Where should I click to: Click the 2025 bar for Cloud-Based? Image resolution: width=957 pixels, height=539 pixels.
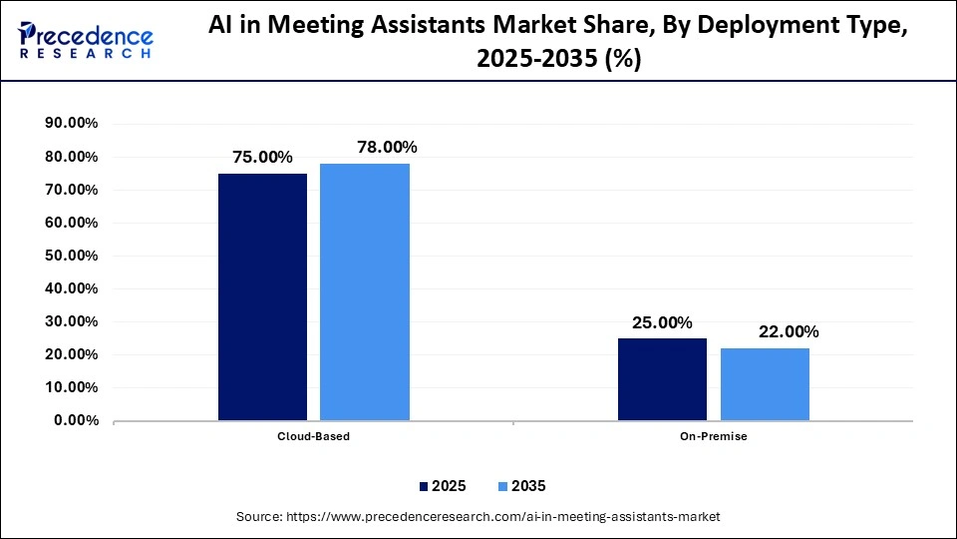point(263,296)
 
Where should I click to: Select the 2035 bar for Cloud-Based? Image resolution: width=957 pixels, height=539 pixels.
point(365,291)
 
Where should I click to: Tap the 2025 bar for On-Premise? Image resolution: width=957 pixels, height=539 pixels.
point(662,379)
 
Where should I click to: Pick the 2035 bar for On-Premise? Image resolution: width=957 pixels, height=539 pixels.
point(765,384)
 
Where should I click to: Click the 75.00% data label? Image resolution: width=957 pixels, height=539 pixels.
point(262,157)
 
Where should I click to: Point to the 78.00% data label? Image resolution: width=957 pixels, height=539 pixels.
point(387,147)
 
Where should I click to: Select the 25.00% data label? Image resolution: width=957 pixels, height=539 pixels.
point(662,322)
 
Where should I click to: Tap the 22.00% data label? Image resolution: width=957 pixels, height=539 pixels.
point(789,331)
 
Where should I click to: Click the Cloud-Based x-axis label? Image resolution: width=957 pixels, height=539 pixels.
point(314,437)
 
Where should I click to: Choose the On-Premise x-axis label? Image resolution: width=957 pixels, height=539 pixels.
point(714,437)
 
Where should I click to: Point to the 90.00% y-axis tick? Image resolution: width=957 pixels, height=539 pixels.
point(71,124)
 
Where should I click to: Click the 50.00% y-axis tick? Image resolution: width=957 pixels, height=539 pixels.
point(71,256)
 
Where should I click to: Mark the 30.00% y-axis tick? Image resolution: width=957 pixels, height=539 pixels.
point(71,321)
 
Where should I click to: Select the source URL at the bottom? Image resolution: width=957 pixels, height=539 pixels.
point(478,517)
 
